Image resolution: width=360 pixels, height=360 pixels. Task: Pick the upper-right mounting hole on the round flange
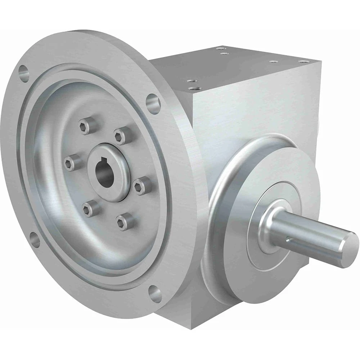tap(153, 104)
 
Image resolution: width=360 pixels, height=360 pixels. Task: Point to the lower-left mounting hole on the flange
tap(35, 240)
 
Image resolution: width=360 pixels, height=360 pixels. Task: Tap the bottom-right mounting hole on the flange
tap(155, 294)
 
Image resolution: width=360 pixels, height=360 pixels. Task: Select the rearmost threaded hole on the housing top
tap(221, 48)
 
